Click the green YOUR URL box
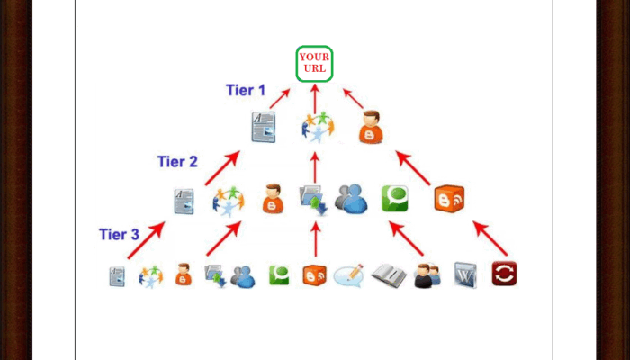tap(314, 64)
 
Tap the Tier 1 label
tap(245, 90)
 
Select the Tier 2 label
tap(177, 162)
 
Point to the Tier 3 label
tap(119, 235)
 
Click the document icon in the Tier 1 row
tap(263, 128)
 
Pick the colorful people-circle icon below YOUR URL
tap(317, 128)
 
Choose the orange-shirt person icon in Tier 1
tap(370, 128)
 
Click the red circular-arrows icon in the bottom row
tap(504, 274)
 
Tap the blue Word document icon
tap(465, 274)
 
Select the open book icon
tap(389, 274)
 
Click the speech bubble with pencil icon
tap(348, 274)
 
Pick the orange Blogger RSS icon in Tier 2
tap(448, 199)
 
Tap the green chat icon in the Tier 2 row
tap(394, 199)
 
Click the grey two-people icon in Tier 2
tap(351, 199)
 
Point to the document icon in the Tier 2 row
tap(184, 200)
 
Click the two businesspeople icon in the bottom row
tap(427, 274)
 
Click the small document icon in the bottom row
tap(117, 275)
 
